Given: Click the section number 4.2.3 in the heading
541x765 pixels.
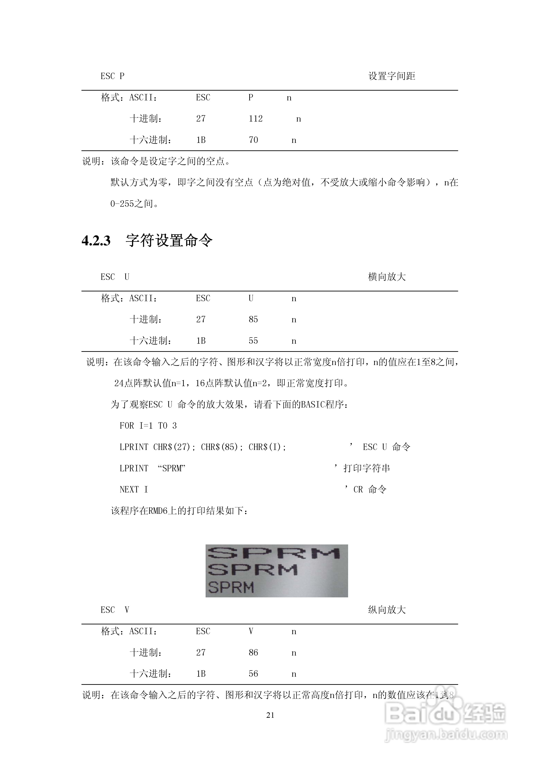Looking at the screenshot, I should point(96,241).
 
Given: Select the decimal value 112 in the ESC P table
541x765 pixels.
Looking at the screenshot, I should point(256,119).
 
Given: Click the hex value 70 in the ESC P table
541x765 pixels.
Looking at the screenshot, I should point(253,140).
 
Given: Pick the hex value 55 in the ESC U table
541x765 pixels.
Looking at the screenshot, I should point(253,340).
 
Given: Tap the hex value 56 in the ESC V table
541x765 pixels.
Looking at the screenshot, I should point(253,674).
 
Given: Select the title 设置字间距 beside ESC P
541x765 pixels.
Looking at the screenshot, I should point(392,76).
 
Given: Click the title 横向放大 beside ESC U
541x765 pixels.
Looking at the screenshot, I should point(387,277).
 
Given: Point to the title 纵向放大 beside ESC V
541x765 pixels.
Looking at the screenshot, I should point(387,610).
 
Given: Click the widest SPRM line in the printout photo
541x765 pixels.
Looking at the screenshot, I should point(273,553).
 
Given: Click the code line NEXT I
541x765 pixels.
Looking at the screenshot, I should point(134,489).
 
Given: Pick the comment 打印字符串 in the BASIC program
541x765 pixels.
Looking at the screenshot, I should point(367,468).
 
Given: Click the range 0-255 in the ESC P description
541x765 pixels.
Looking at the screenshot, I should point(122,204).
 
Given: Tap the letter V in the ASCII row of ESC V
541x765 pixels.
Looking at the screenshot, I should point(251,631).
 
